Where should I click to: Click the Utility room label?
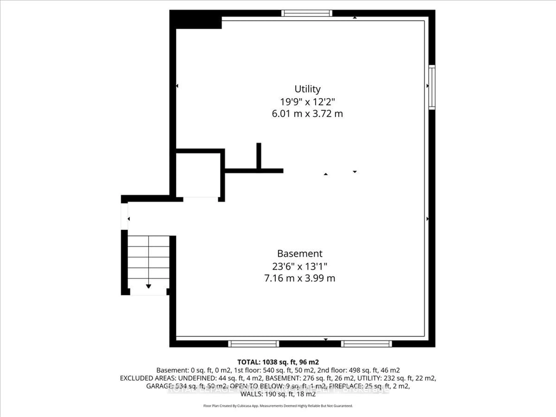click(x=307, y=89)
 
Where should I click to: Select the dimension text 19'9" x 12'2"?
click(x=307, y=102)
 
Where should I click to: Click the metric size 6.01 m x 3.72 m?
click(x=307, y=114)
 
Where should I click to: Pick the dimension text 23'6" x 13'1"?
click(x=300, y=266)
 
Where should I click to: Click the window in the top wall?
click(x=307, y=13)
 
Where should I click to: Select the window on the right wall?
click(x=432, y=87)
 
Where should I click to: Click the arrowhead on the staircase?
click(x=149, y=286)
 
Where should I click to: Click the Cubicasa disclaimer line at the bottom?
click(x=278, y=406)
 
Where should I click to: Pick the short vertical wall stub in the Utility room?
click(x=259, y=156)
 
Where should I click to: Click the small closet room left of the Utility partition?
click(x=198, y=175)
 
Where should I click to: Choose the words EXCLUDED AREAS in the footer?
click(x=148, y=378)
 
